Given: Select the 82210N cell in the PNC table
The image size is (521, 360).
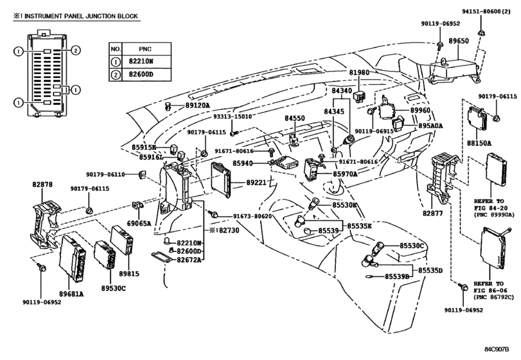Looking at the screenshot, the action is (146, 62).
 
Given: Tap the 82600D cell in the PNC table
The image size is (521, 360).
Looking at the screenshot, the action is (146, 74).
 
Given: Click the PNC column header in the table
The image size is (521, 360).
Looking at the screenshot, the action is (146, 49).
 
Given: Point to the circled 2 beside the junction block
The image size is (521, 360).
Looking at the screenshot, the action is (76, 51).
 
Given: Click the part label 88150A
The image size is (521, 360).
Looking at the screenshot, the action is (479, 143).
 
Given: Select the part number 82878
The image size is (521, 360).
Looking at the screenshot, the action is (42, 184).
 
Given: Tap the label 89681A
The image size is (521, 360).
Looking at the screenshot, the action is (71, 294).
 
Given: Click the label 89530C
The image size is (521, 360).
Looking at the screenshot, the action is (114, 288).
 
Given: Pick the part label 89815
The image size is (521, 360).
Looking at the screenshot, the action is (129, 274).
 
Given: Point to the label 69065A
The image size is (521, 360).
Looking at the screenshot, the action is (139, 223).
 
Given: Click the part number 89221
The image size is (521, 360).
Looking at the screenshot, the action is (256, 183).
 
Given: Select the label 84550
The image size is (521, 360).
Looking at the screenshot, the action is (294, 118).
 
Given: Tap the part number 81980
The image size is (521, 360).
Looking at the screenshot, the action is (359, 72).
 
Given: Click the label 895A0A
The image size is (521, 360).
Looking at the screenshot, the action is (430, 125).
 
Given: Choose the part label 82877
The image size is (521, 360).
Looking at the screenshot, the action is (432, 213).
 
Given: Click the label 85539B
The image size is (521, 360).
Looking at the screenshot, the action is (398, 276).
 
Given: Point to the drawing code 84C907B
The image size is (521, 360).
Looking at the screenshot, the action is (497, 349).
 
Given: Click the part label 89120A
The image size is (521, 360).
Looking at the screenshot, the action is (198, 105).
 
